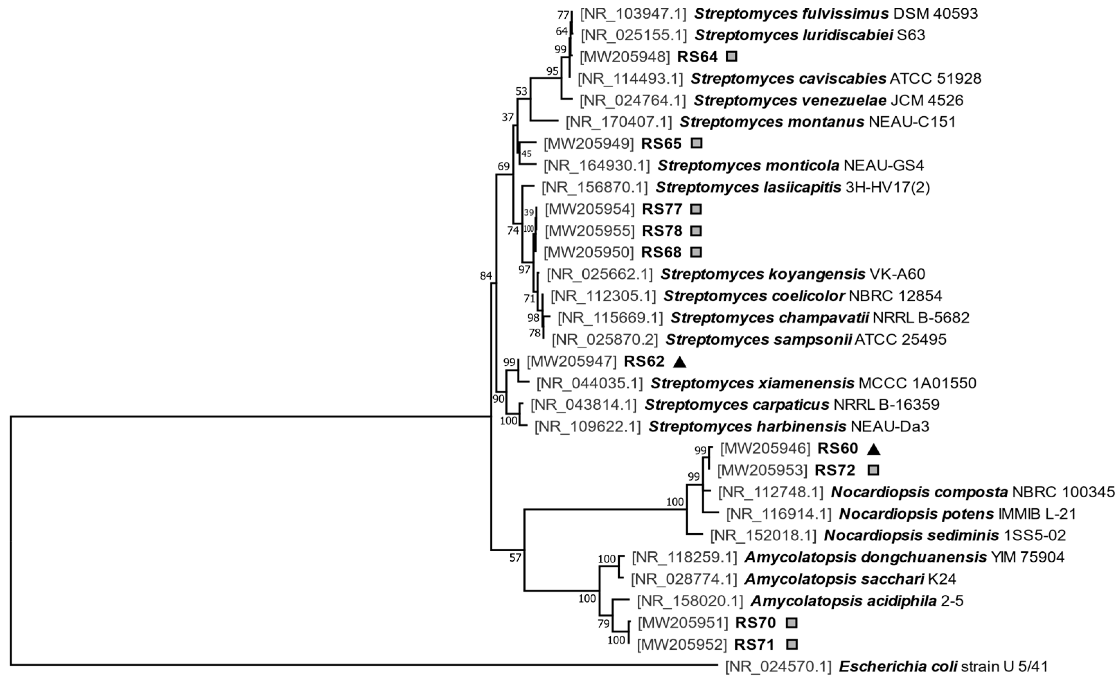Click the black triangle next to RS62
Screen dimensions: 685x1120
(680, 362)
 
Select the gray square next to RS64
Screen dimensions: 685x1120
(731, 56)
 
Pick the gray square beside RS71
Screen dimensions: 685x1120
(792, 644)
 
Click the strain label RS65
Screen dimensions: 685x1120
(661, 144)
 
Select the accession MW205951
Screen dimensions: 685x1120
(683, 623)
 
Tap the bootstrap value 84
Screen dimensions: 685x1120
(486, 275)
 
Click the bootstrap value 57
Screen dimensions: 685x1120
(515, 558)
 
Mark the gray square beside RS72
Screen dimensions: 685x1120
(873, 470)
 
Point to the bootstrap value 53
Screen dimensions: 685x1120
(521, 91)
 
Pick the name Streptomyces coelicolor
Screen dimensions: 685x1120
(754, 296)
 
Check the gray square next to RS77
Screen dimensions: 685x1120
(696, 209)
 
